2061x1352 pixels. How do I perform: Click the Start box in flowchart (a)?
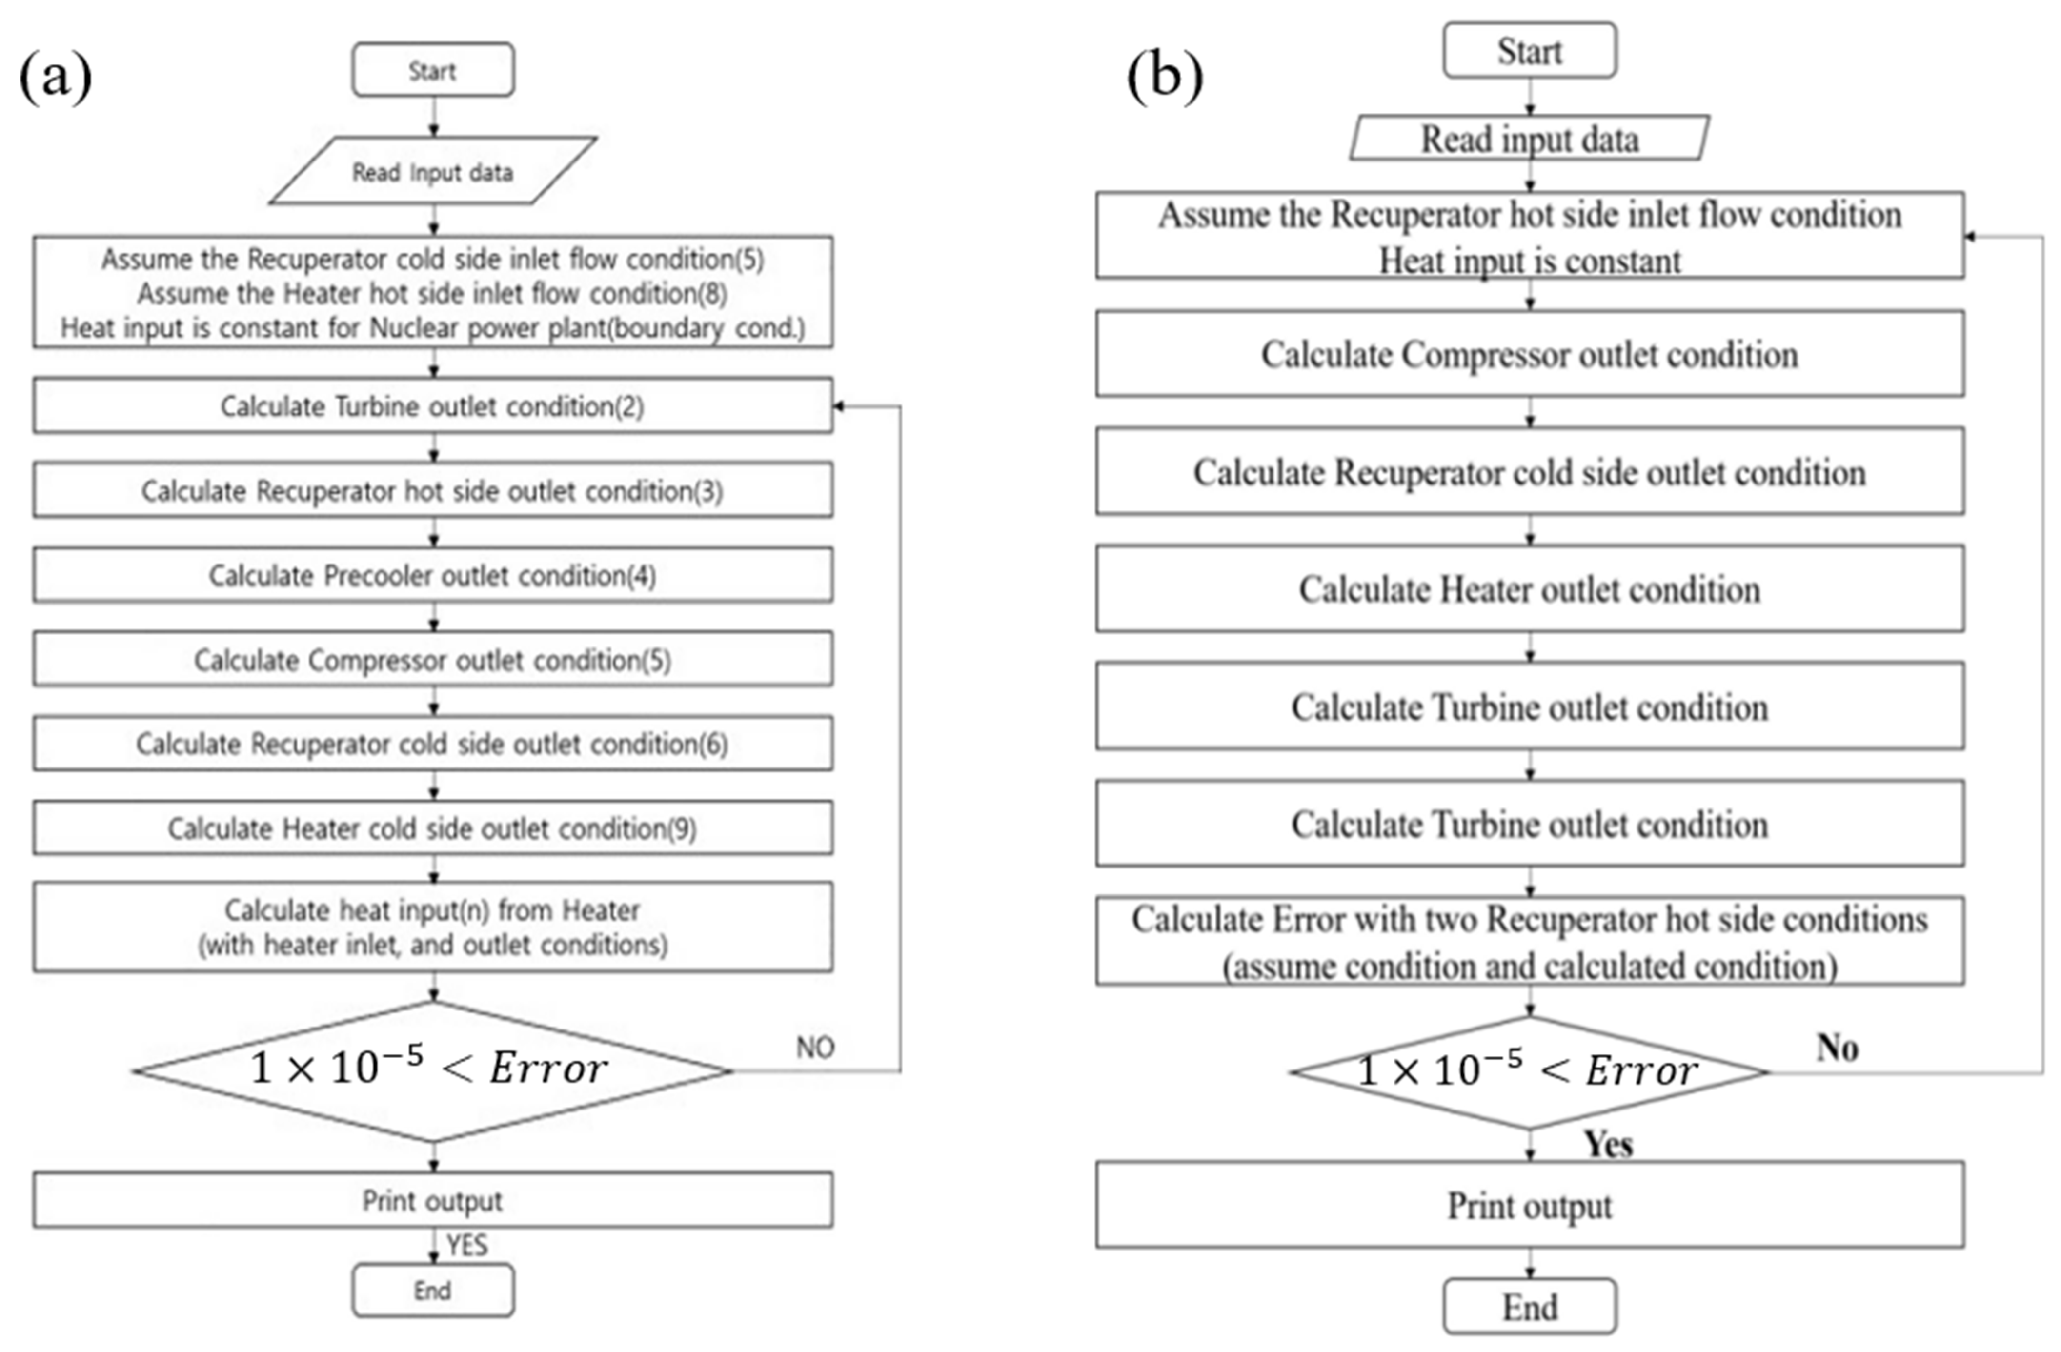pos(433,70)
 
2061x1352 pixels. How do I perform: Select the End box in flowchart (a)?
pos(433,1291)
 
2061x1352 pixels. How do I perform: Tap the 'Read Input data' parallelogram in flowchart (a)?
pos(433,171)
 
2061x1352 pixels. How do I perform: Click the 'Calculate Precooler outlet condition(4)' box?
pos(433,575)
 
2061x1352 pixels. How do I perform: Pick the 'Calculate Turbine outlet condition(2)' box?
pos(433,405)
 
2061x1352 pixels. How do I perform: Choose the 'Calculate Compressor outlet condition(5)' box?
pos(433,660)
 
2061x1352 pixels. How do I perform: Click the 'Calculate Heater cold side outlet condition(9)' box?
pos(433,828)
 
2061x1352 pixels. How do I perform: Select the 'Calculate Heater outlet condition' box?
pos(1529,589)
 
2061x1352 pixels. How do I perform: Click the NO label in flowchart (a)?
pos(815,1047)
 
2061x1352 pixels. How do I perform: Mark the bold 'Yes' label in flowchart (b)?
pos(1608,1144)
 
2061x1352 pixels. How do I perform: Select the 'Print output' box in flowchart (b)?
pos(1529,1205)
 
